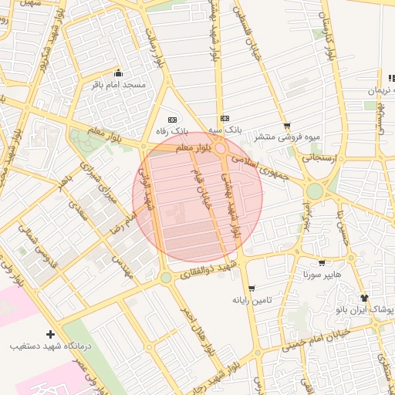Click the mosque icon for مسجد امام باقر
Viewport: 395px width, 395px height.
[117, 73]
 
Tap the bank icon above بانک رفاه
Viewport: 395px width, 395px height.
[172, 120]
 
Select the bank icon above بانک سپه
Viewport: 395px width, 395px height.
[225, 118]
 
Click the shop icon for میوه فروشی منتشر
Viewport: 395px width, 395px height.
[288, 126]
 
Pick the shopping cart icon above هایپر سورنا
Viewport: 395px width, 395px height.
[322, 263]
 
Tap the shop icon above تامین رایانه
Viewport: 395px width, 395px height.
[252, 289]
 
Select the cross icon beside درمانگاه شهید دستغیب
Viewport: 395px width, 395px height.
[50, 335]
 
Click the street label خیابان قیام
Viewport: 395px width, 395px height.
[197, 189]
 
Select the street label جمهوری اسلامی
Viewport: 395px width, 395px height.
[262, 164]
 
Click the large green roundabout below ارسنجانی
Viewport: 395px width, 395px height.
[315, 191]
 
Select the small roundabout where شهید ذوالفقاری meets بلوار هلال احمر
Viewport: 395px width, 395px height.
[165, 277]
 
